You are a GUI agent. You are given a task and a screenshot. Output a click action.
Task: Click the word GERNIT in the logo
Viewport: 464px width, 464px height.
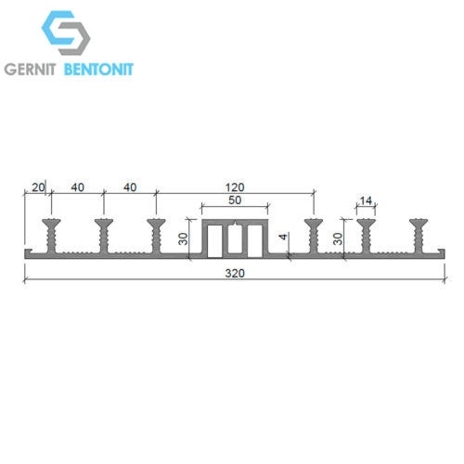coord(30,69)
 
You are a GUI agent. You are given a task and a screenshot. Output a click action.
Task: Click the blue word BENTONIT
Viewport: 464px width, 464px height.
coord(98,69)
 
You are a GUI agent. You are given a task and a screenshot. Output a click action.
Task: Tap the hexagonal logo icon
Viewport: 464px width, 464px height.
coord(66,32)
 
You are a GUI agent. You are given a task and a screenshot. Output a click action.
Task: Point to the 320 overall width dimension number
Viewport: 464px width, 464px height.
coord(235,274)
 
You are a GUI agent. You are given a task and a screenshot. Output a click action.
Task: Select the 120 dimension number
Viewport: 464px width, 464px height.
coord(235,187)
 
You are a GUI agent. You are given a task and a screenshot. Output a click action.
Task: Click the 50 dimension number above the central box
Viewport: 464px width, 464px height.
coord(235,200)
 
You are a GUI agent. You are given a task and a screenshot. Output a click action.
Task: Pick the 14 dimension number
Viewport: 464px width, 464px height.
coord(366,201)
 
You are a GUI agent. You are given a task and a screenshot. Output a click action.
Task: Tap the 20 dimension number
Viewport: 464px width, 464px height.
coord(38,187)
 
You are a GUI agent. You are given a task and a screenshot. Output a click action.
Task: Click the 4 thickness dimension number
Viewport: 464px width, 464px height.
coord(283,237)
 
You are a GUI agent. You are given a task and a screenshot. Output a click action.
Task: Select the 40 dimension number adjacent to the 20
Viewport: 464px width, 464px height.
coord(77,187)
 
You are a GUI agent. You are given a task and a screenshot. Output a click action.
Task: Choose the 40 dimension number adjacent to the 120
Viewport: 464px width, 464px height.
coord(130,187)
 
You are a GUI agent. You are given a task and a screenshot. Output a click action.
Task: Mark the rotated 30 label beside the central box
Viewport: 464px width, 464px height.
coord(183,238)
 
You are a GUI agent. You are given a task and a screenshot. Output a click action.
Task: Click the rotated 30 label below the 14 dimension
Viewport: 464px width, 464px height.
coord(338,238)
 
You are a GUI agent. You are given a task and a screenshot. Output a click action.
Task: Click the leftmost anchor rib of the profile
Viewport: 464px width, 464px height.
coord(51,236)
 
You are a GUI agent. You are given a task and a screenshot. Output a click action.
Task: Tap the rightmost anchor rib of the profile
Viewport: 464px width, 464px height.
coord(419,236)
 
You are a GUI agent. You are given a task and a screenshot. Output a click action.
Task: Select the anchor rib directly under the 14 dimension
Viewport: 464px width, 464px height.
coord(366,236)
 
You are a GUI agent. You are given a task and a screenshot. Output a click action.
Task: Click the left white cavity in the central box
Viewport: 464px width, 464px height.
coord(214,241)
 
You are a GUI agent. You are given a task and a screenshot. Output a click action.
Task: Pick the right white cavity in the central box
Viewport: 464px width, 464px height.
coord(255,241)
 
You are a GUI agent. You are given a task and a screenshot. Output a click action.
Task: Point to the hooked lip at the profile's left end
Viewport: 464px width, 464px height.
coord(29,251)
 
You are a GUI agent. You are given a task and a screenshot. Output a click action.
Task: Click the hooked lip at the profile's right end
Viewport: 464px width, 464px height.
coord(441,251)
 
